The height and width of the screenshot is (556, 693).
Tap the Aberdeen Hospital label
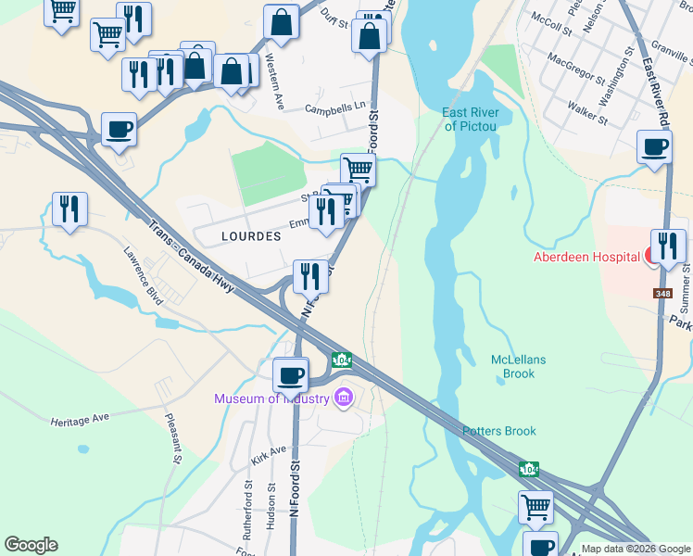point(586,257)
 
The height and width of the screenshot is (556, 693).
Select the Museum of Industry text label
point(271,398)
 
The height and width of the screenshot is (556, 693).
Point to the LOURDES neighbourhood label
point(251,236)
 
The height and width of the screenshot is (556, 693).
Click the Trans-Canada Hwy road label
point(192,258)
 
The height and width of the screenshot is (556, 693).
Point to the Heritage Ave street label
point(80,420)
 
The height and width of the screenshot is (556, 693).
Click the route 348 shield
point(662,294)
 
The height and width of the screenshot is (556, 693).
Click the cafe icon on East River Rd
point(654,146)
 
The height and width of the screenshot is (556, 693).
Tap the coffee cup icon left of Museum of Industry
point(291,374)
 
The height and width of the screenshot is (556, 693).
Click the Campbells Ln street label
point(336,108)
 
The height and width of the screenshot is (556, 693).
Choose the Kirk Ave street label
point(269,454)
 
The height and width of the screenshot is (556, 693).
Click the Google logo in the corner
point(31,545)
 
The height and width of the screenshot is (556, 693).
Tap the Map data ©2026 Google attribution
point(636,549)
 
